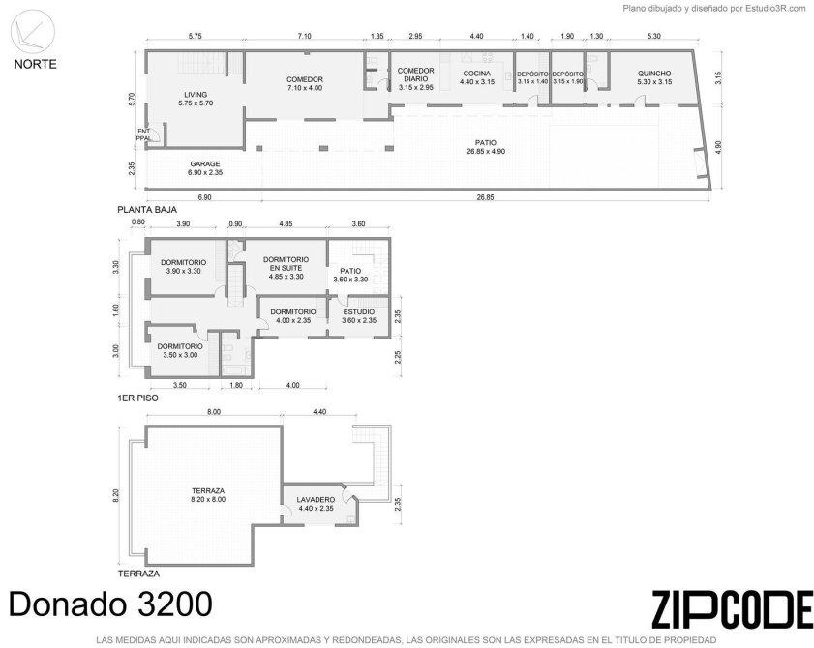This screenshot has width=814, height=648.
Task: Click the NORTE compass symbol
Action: [x=33, y=32]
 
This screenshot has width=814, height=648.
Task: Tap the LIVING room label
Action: [x=196, y=99]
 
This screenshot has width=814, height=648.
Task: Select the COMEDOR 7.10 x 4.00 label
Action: [x=305, y=83]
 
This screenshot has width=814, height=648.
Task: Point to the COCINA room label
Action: [x=477, y=77]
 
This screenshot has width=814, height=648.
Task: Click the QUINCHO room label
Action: [x=654, y=77]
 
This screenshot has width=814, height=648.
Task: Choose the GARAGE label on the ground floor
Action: [x=205, y=168]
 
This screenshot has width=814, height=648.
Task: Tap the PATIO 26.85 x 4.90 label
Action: [x=485, y=147]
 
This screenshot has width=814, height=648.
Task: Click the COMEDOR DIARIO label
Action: [x=416, y=79]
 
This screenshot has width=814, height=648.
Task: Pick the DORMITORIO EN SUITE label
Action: [x=286, y=268]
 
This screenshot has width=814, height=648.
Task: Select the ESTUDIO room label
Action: [x=359, y=316]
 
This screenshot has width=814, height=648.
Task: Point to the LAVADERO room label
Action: [x=316, y=504]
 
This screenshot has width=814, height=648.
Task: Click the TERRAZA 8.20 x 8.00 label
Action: [x=208, y=495]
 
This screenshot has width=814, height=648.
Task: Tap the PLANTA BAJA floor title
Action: [x=147, y=210]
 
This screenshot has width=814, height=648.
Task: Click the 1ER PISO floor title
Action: [x=137, y=398]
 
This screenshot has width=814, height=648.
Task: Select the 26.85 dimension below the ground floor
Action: [x=485, y=197]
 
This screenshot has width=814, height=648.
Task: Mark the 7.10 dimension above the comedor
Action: [x=304, y=37]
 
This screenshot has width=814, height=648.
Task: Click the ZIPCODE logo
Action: [x=732, y=609]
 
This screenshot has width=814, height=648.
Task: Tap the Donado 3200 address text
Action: [x=110, y=604]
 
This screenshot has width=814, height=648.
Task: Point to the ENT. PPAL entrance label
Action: [x=144, y=134]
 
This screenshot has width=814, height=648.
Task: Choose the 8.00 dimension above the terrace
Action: [x=214, y=412]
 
